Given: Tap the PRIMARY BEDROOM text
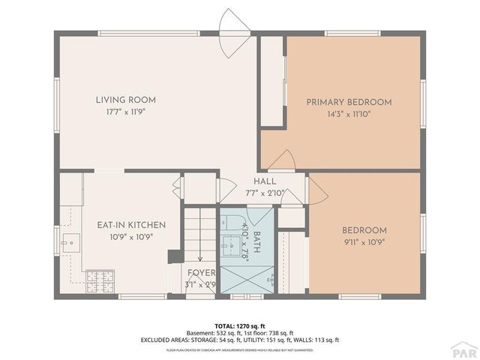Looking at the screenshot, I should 349,102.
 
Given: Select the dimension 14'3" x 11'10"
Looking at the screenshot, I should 349,115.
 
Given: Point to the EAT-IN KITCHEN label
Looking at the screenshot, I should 131,225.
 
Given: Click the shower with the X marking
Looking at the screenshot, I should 247,280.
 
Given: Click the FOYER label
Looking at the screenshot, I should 200,273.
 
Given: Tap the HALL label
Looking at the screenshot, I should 265,181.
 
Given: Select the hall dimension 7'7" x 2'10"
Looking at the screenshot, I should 265,193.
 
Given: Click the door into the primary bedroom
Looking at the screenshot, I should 283,160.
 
